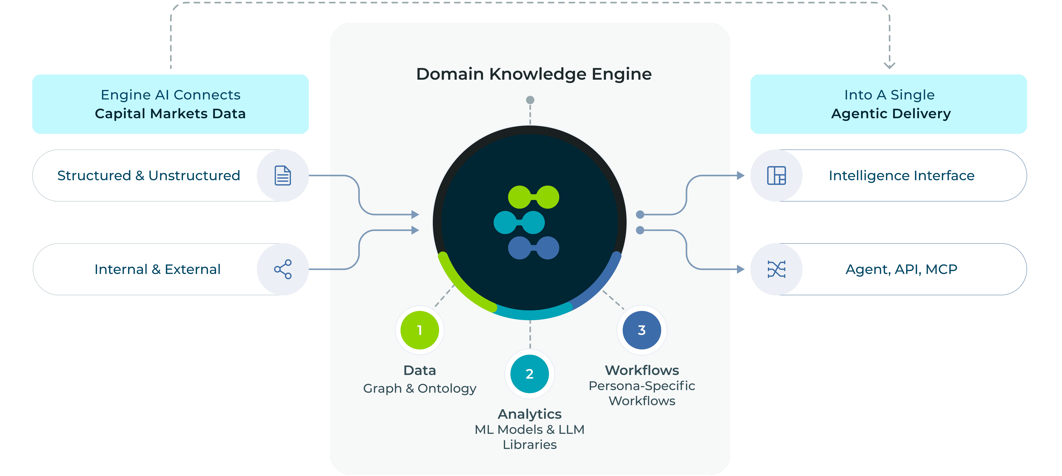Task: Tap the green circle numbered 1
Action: point(420,330)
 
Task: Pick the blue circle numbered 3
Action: point(642,330)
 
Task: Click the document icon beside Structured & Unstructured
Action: point(283,176)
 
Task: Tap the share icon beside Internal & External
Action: point(283,269)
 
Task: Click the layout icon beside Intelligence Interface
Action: point(776,176)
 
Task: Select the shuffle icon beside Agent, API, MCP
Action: point(776,269)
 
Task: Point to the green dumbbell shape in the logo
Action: point(534,197)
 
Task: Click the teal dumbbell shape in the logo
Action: point(519,223)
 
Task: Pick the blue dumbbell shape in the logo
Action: point(534,248)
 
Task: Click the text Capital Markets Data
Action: point(170,114)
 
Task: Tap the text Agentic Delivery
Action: point(890,114)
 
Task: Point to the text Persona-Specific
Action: point(642,386)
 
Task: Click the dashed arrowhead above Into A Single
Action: point(889,65)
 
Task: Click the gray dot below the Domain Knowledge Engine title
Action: point(530,100)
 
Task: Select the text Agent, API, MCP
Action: point(901,269)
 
